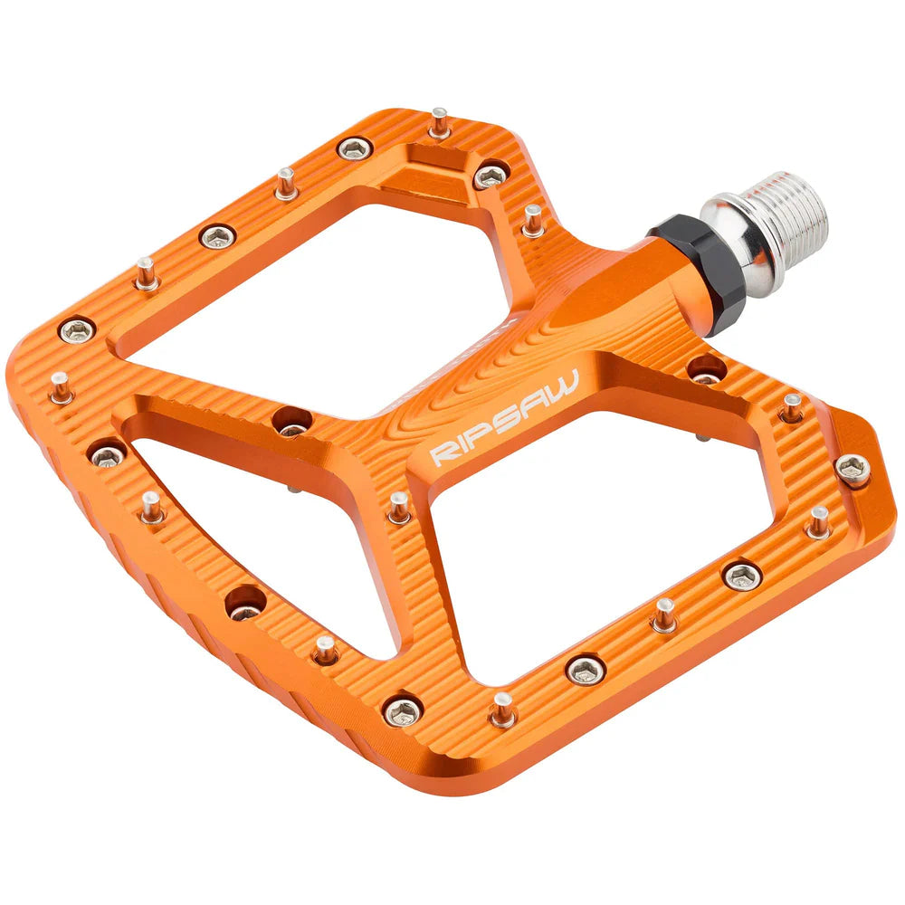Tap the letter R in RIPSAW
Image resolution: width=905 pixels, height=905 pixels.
[440, 453]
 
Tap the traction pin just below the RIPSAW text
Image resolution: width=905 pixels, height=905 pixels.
[399, 507]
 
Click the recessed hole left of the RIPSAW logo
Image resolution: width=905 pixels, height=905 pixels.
[291, 421]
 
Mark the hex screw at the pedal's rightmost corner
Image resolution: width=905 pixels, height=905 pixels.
[853, 468]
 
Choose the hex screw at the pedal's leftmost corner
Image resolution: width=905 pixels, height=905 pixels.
[77, 330]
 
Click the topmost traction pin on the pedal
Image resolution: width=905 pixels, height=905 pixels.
[440, 122]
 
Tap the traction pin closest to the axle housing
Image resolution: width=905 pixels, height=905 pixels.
[532, 220]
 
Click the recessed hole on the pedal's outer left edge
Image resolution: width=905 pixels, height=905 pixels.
[245, 602]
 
